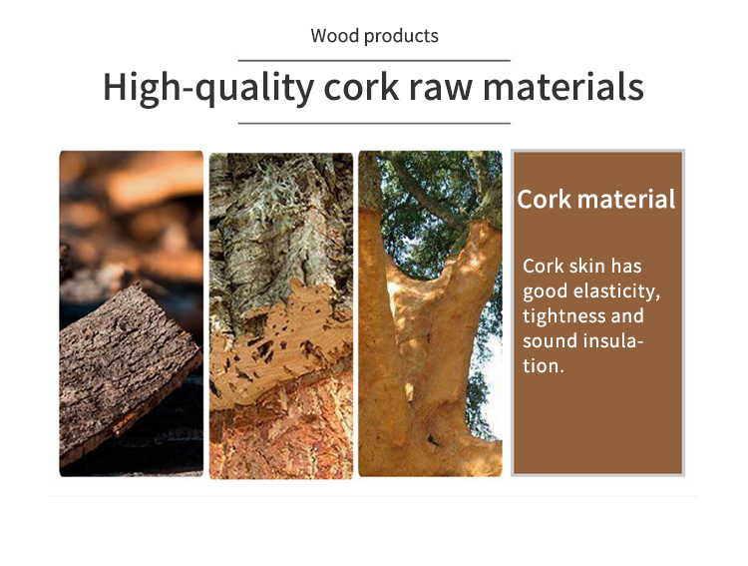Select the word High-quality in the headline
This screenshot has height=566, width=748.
pos(209,88)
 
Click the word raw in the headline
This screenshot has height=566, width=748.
pos(441,89)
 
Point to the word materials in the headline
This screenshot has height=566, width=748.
pos(563,88)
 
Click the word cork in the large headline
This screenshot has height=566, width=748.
pos(361,88)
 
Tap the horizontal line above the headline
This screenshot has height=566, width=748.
pos(374,61)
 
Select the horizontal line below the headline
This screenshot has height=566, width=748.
pos(374,123)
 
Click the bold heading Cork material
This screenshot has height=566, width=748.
pos(596,200)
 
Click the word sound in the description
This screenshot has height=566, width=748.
pos(548,341)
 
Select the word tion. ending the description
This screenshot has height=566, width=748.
pos(544,366)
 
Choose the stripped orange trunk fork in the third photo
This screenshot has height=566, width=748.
pos(429,334)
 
